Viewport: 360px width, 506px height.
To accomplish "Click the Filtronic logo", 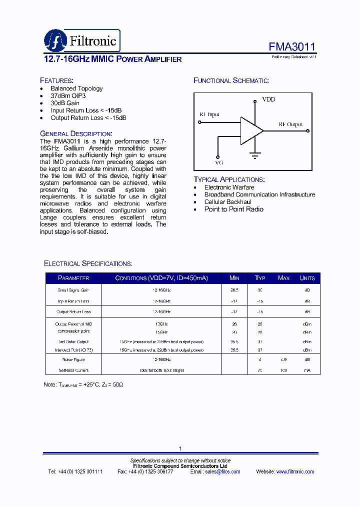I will coord(81,40).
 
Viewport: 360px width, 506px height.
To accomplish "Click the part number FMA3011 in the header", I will coord(292,47).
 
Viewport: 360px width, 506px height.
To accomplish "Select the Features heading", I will coord(56,80).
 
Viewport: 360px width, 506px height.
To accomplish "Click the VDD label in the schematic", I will coord(268,99).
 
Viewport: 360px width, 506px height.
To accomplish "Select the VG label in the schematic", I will coord(218,163).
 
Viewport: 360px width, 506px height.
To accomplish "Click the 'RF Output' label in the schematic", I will coord(290,124).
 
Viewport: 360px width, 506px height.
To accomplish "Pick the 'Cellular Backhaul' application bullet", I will coord(227,202).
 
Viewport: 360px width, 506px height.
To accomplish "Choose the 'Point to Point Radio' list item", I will coord(233,209).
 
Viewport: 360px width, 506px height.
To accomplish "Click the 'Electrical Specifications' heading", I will coord(88,263).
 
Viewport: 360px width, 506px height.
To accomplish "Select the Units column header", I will coord(307,278).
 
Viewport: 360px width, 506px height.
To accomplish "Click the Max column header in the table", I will coord(283,278).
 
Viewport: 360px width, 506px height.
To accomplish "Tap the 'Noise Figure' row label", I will coord(73,359).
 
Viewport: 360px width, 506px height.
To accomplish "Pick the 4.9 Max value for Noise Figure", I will coord(283,359).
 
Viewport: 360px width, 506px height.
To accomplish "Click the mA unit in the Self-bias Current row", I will coord(307,370).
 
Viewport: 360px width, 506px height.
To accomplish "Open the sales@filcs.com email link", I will coord(222,471).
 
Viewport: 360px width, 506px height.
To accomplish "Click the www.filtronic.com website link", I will coord(295,471).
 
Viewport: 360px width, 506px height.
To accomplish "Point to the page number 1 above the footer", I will coord(180,448).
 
